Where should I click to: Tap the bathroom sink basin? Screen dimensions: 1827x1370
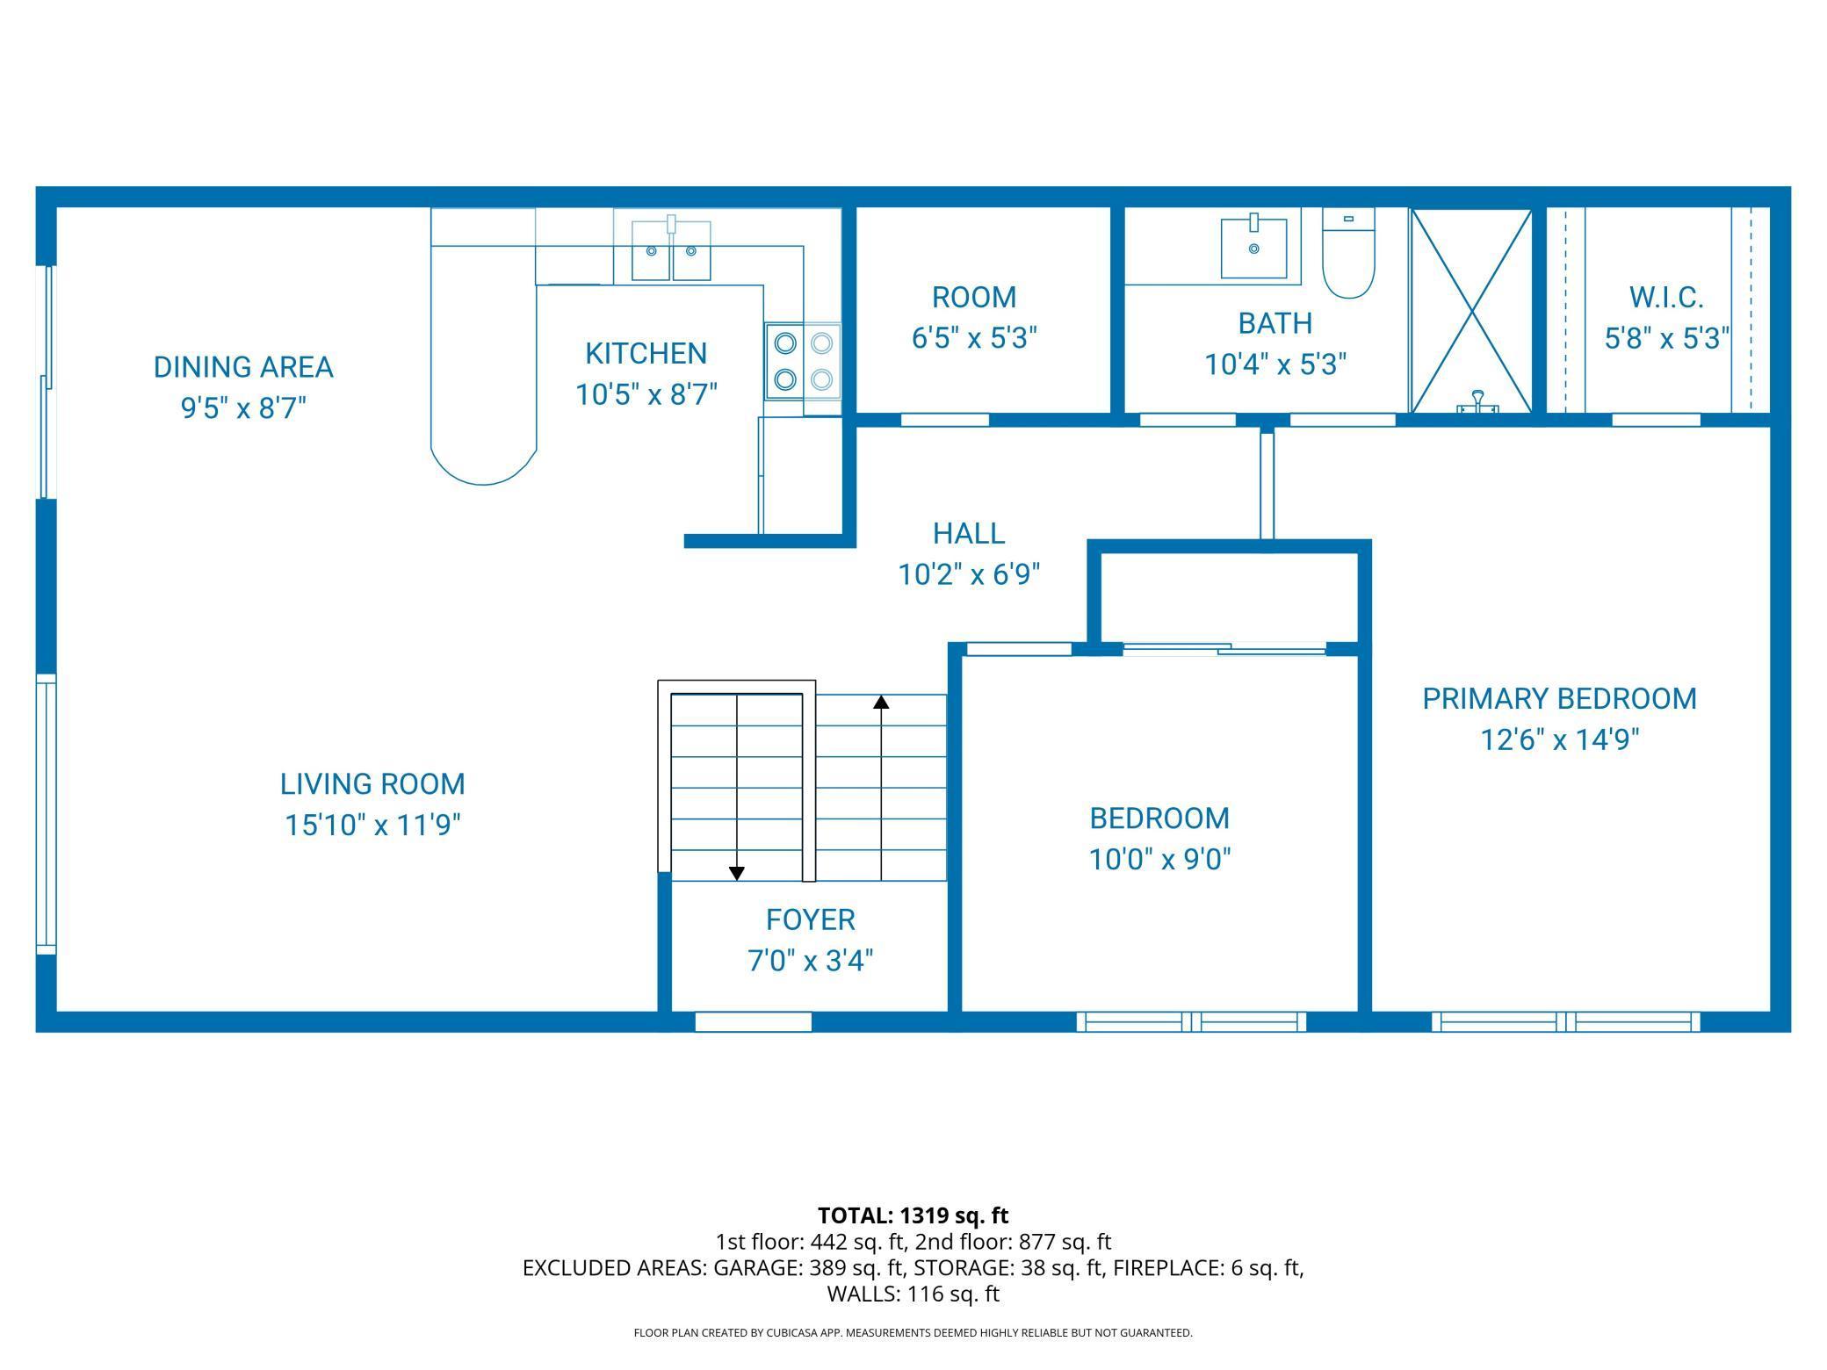1253,248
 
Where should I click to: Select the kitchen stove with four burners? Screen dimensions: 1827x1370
803,361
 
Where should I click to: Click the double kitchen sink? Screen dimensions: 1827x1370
671,251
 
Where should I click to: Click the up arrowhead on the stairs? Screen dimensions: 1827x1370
881,702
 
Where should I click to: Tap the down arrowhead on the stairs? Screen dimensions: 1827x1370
737,873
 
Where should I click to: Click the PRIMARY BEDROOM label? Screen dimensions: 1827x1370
1559,699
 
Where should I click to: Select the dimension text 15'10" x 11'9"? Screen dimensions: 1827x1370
372,826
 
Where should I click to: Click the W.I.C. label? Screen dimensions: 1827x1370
1666,298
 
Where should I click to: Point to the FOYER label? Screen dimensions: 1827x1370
810,919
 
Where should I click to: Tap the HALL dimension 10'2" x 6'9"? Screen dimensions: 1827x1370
969,574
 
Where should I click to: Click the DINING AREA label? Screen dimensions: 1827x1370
243,367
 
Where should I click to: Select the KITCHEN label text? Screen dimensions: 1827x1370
646,353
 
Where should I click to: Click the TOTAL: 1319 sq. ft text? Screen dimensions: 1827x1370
913,1215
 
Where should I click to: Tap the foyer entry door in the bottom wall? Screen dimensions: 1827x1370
753,1021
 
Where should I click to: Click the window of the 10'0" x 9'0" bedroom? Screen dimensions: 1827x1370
1191,1021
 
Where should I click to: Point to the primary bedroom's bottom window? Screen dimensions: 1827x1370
1565,1021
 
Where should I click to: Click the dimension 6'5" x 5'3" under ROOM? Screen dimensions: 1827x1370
974,338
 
